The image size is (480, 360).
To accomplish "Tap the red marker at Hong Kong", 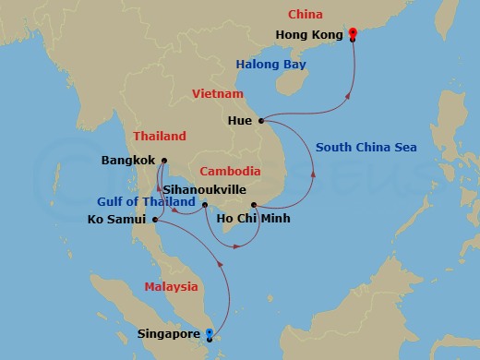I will coord(353,34).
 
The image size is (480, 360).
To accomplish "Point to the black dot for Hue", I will coord(262,121).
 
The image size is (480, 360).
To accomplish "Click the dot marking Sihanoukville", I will coord(205,204).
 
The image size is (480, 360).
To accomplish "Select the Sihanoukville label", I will coord(203,187).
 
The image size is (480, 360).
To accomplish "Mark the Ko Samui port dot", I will coord(154,220).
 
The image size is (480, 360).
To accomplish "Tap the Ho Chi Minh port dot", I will coord(253,204).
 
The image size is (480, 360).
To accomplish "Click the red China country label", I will coord(306,14).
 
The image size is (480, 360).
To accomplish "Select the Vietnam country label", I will coord(217,94).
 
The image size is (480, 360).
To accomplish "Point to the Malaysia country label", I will coord(171,287).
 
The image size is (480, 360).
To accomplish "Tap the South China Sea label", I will coord(366,148).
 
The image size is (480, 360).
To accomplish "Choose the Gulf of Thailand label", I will coord(147,202).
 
